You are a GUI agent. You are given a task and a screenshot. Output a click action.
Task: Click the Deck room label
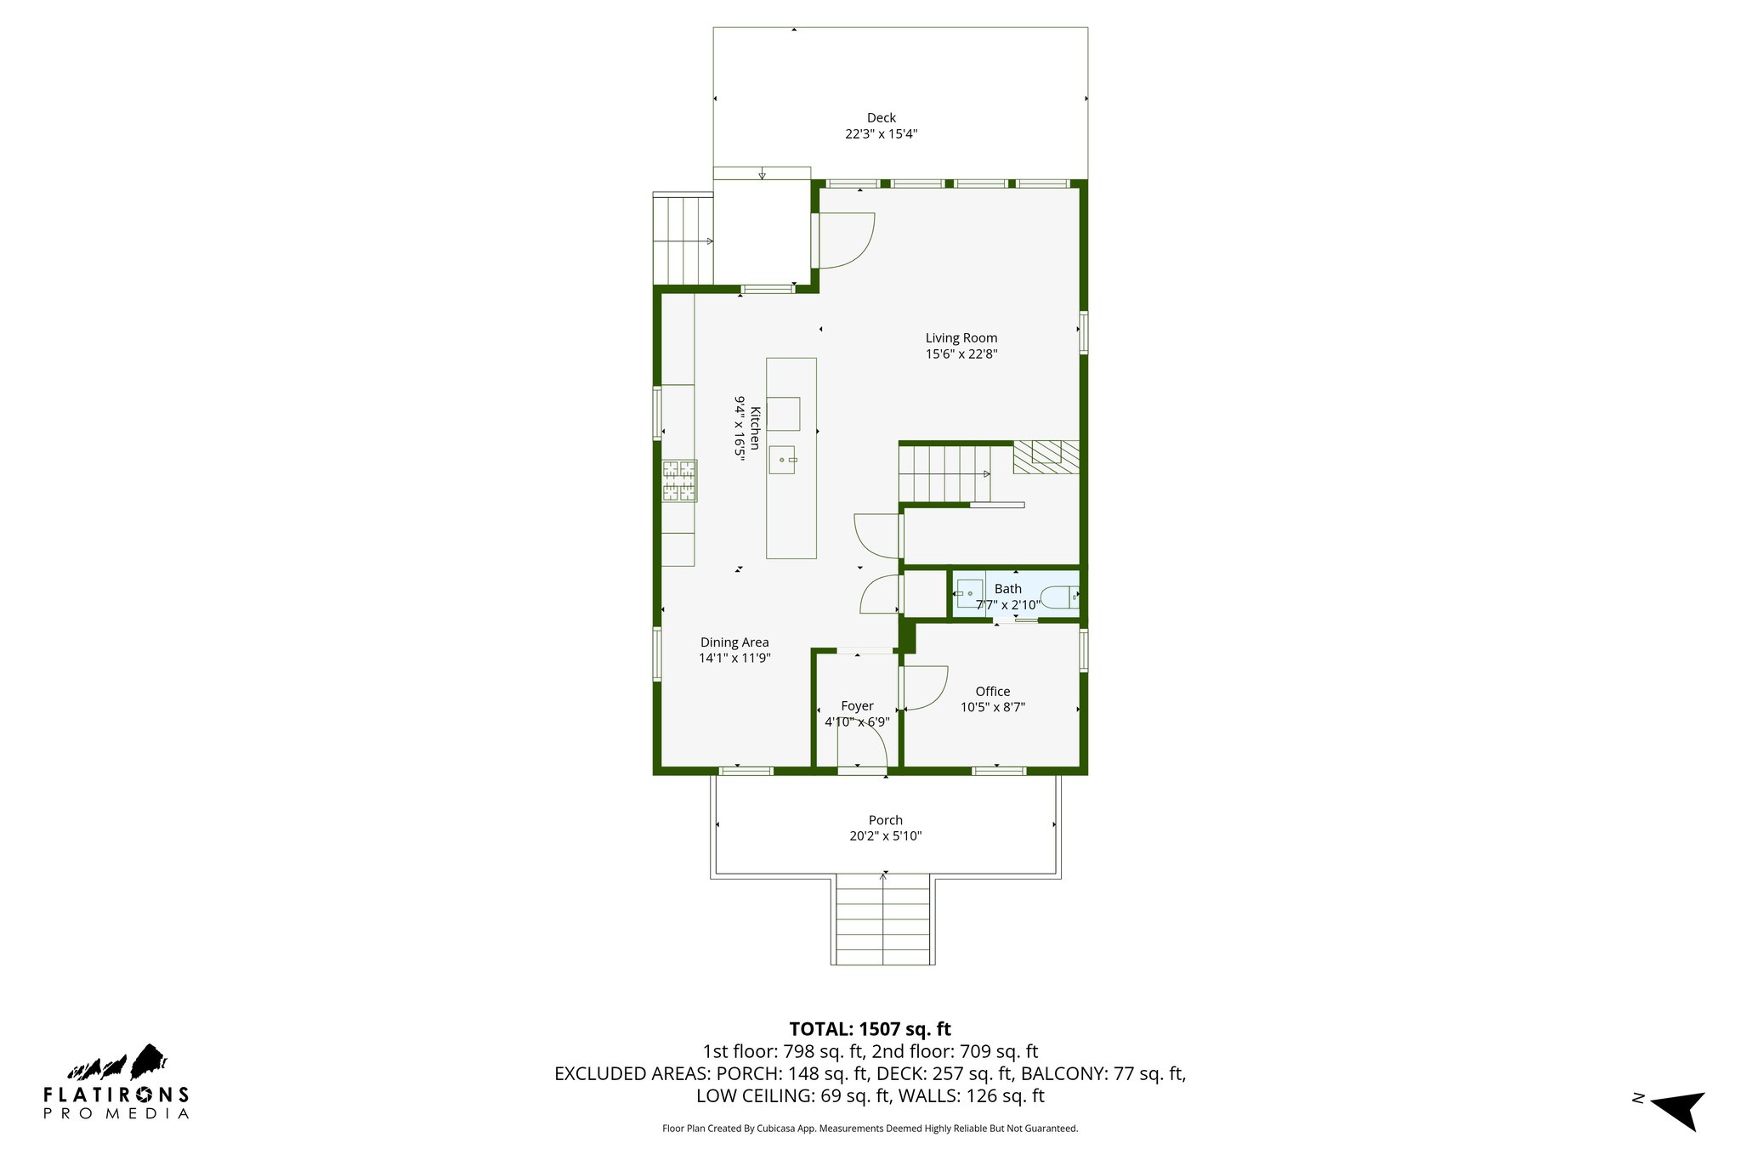click(881, 118)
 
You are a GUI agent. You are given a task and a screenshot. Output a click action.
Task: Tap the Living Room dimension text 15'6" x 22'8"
click(961, 354)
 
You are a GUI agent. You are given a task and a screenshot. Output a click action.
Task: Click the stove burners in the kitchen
click(679, 480)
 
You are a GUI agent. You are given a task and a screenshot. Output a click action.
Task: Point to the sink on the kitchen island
click(782, 460)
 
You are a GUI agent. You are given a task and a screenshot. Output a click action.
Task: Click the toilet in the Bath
click(1060, 597)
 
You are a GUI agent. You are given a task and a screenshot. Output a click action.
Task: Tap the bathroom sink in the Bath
click(969, 592)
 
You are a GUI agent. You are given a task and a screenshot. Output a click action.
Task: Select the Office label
click(992, 692)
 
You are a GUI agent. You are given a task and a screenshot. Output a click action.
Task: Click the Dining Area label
click(734, 642)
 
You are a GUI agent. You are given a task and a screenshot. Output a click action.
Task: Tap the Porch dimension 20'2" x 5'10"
click(885, 836)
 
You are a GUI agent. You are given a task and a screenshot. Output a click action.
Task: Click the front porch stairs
click(882, 920)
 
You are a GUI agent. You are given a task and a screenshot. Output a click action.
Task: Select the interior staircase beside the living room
click(944, 474)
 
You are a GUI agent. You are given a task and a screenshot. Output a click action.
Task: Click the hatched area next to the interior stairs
click(1046, 456)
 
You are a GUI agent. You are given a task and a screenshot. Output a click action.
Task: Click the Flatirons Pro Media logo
click(116, 1084)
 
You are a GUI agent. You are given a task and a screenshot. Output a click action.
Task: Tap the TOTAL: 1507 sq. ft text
click(870, 1029)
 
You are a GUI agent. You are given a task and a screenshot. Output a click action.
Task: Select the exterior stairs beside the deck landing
click(683, 240)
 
